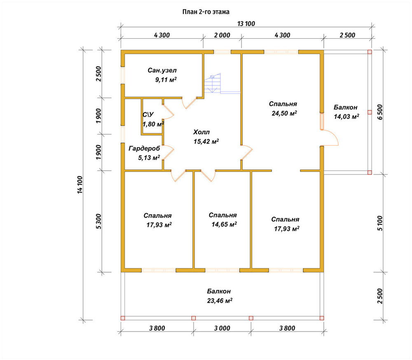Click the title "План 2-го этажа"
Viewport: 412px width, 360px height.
(206, 12)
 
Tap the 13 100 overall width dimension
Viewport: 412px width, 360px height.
(246, 24)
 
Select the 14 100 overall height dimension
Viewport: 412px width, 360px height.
(80, 185)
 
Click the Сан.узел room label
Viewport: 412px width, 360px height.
(162, 71)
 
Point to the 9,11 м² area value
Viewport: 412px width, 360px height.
(166, 80)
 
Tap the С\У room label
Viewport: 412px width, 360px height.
(148, 115)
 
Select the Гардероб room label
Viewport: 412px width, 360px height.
(144, 148)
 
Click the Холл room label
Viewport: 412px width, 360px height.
(201, 132)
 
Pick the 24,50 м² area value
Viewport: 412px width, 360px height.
(284, 113)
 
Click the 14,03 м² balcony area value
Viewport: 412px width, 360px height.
(346, 116)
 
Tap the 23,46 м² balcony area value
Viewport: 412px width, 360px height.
(220, 301)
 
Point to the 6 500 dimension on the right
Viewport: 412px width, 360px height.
(380, 112)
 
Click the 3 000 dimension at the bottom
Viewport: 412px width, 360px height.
(222, 328)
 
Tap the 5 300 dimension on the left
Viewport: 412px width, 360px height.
(98, 221)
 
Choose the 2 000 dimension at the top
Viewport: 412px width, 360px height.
(222, 35)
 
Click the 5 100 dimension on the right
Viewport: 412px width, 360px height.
(380, 223)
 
